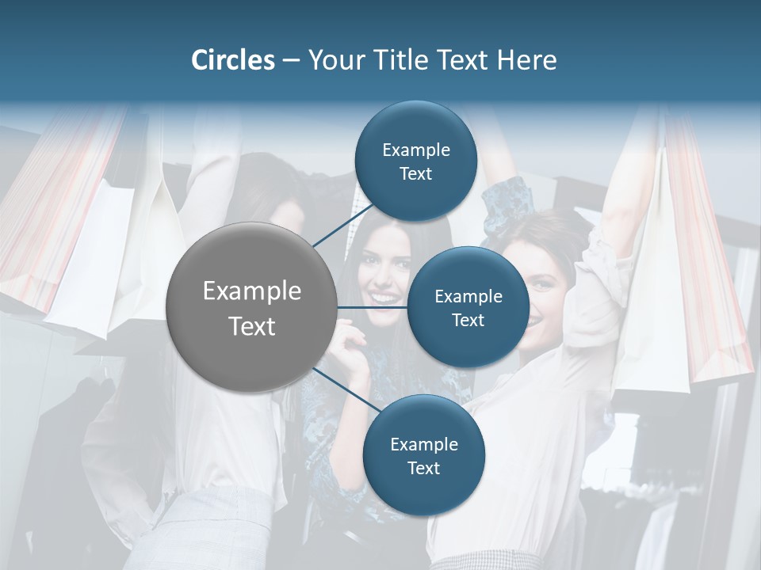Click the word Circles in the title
pos(233,60)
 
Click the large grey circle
pos(251,307)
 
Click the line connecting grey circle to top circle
pos(342,226)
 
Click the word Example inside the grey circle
pos(252,291)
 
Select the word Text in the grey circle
pos(252,326)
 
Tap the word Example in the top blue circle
pos(415,150)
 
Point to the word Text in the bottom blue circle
pos(423,468)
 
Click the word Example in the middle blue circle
pos(468,296)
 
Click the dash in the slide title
pos(291,61)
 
